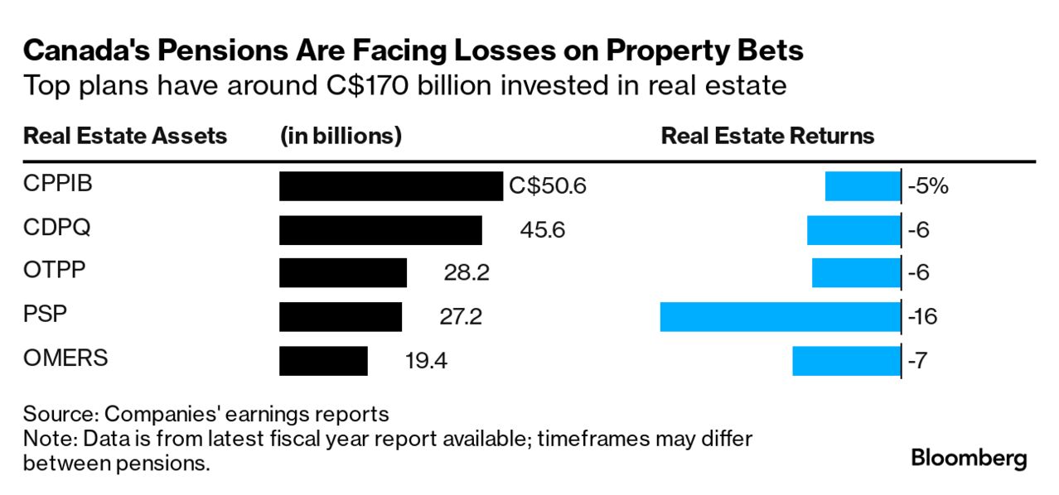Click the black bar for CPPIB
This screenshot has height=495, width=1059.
coord(390,186)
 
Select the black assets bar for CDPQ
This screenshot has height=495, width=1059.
coord(380,230)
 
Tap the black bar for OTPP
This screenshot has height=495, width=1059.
coord(343,273)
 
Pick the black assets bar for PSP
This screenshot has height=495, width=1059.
coord(341,316)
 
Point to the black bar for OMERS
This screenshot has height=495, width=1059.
coord(323,360)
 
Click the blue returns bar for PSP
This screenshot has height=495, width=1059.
coord(780,316)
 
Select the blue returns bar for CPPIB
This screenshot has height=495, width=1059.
coord(862,186)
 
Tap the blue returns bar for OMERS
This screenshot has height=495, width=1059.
coord(846,360)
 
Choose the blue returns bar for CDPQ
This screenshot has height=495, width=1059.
coord(853,230)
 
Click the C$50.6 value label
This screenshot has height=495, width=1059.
coord(548,186)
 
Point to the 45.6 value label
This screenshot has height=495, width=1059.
coord(542,230)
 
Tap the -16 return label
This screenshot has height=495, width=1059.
coord(922,316)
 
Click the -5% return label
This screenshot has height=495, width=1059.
coord(927,186)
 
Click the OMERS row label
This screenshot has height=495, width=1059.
coord(65,358)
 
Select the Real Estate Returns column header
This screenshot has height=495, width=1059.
coord(767,136)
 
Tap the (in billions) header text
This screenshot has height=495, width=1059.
coord(341,136)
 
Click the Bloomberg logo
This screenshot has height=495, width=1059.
coord(969,458)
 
